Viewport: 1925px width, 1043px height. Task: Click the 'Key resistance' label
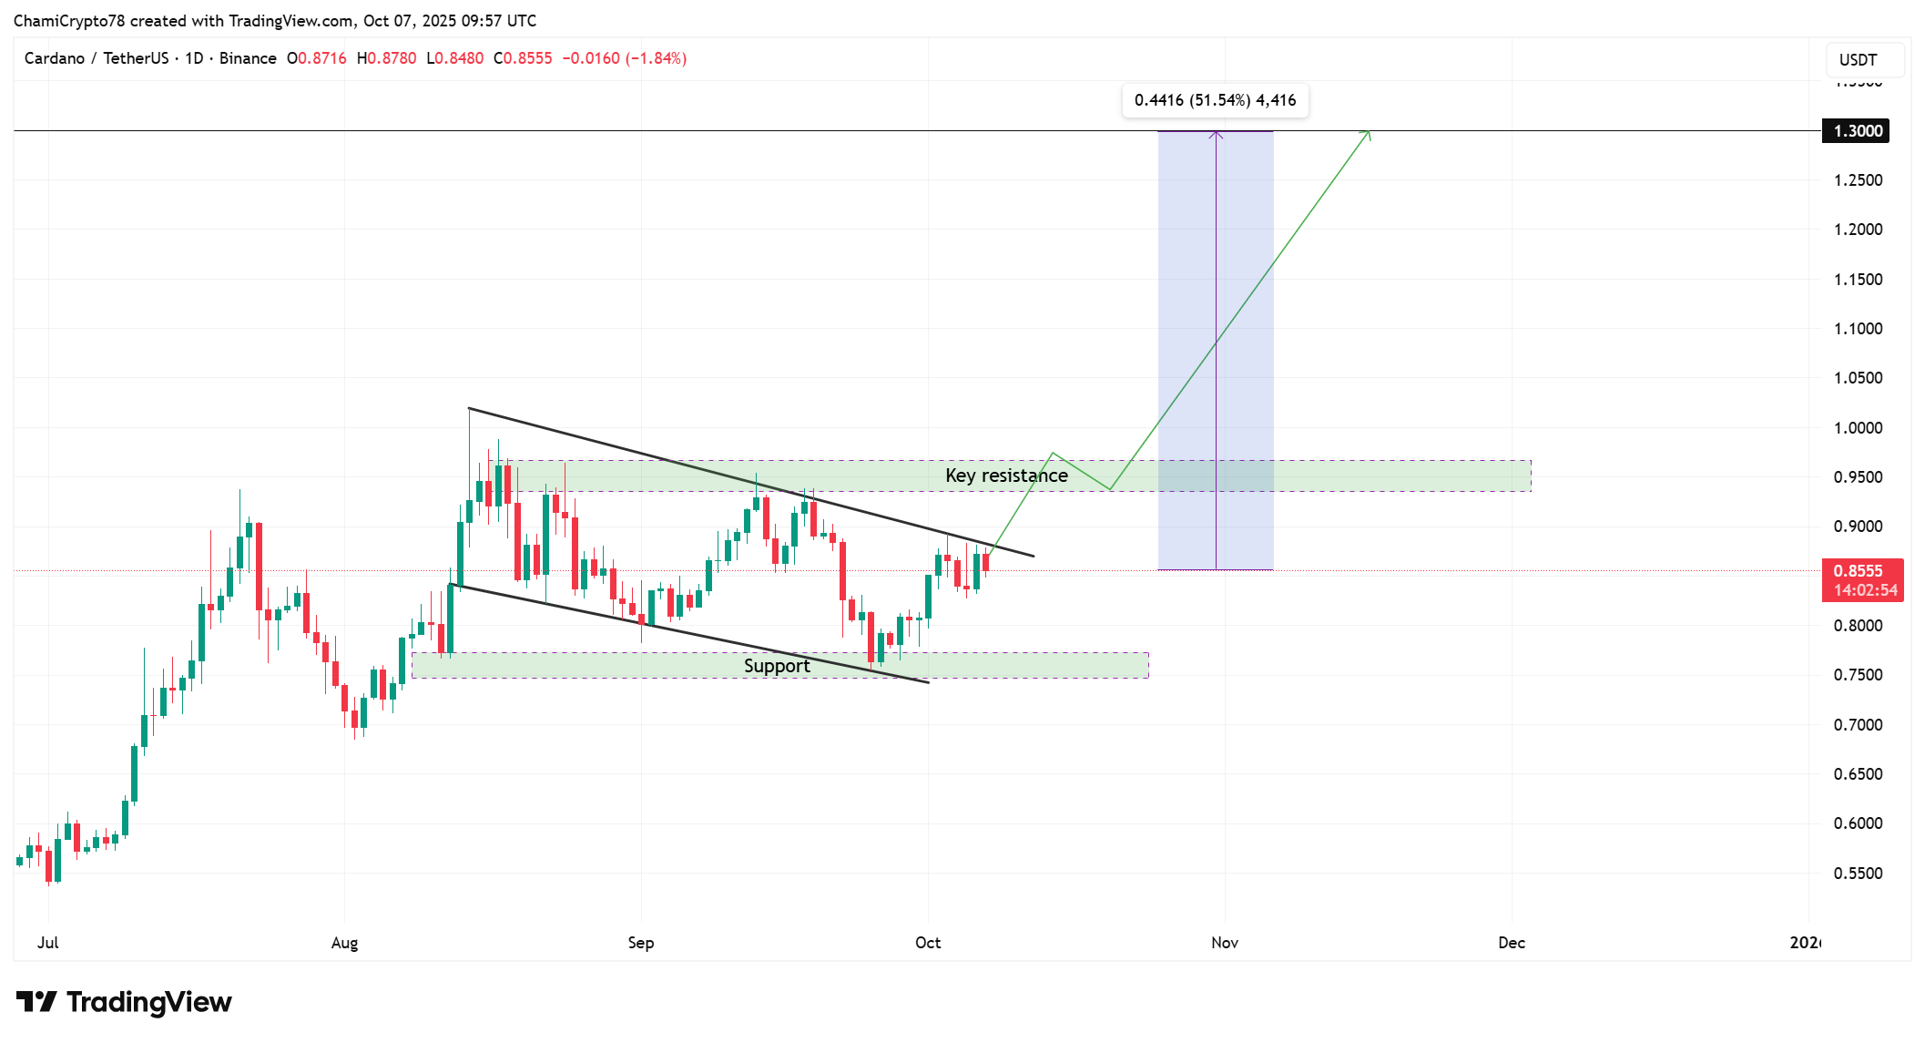point(1006,475)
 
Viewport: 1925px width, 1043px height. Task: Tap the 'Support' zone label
point(777,666)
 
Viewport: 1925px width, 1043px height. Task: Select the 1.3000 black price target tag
point(1856,131)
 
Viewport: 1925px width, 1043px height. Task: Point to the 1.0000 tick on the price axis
point(1858,428)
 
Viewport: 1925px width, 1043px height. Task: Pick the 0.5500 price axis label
point(1858,874)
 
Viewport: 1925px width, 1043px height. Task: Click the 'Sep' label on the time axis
point(641,943)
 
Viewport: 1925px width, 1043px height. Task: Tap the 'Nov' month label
point(1225,943)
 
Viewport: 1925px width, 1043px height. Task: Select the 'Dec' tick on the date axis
point(1512,943)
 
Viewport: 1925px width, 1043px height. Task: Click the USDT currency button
point(1859,60)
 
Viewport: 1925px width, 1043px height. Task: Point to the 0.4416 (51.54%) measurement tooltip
point(1215,100)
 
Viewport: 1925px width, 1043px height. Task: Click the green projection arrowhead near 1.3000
point(1366,135)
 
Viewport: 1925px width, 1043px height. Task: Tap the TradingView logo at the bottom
point(124,1002)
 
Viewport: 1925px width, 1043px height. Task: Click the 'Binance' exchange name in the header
point(248,58)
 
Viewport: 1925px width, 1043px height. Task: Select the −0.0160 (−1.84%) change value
point(625,58)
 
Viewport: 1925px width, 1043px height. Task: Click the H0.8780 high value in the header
point(387,58)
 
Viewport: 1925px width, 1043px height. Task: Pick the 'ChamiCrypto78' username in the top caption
point(69,21)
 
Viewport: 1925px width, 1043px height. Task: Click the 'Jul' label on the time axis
point(48,943)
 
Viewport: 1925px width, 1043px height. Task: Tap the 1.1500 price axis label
point(1858,280)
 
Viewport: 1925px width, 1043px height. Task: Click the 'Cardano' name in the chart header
point(55,58)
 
